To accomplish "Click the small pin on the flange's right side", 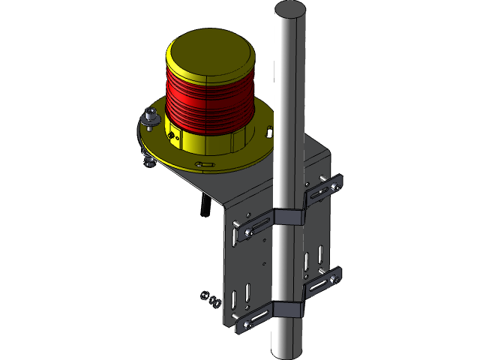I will pyautogui.click(x=268, y=132).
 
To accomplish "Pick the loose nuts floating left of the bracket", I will pyautogui.click(x=209, y=299).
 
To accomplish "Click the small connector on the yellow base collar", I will pyautogui.click(x=172, y=136).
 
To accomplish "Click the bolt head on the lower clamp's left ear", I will pyautogui.click(x=247, y=325).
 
